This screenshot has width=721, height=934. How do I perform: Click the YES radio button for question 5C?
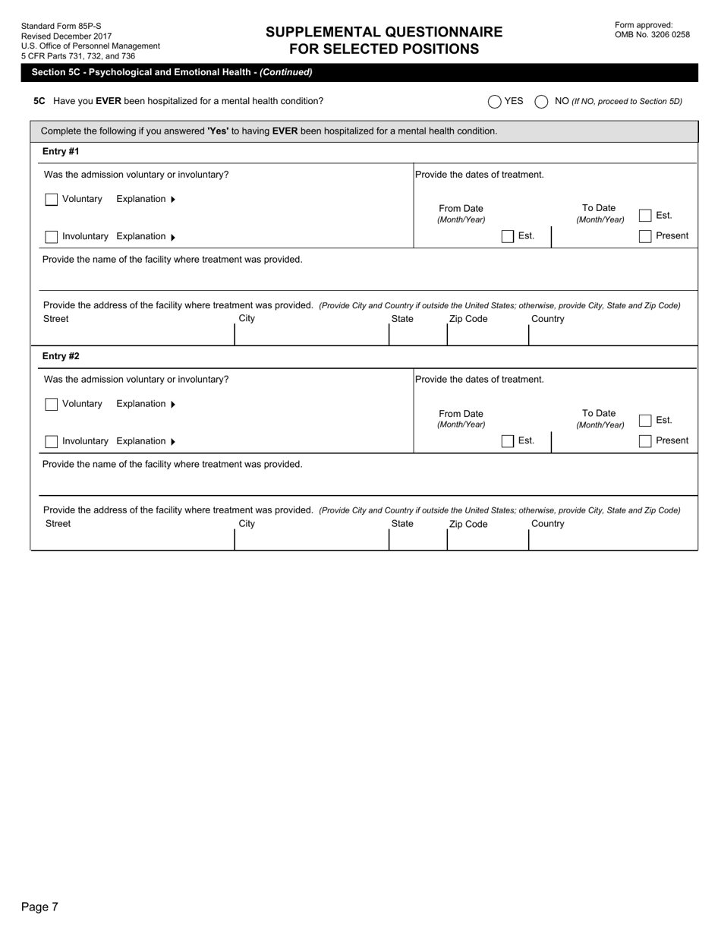coord(495,102)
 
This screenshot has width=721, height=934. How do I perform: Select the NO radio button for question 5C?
coord(541,102)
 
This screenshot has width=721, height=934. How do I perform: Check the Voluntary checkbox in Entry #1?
coord(52,200)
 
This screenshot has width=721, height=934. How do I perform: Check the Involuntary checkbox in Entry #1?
coord(52,237)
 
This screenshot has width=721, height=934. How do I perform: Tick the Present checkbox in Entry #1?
coord(645,236)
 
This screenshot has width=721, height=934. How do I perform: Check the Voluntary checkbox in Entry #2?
coord(52,405)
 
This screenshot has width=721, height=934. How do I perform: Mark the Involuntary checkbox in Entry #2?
coord(52,442)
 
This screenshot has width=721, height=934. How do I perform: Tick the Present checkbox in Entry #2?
coord(645,441)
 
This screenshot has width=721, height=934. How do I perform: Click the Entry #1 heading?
coord(61,151)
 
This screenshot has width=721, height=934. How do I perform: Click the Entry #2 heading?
coord(61,356)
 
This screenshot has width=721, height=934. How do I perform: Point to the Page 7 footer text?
coord(39,907)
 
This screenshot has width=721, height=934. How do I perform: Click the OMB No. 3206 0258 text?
coord(652,35)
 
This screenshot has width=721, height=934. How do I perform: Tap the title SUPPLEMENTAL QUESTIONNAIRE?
coord(384,32)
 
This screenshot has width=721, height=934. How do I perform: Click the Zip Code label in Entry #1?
coord(468,319)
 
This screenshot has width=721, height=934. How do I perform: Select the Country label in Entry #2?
coord(547,524)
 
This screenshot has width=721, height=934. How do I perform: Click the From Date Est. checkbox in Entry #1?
coord(508,237)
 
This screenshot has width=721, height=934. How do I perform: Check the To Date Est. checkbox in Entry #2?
coord(645,421)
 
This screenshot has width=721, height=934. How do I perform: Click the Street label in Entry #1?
coord(55,319)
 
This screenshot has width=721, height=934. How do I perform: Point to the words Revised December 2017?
coord(66,36)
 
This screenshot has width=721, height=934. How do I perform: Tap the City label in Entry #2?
coord(247,524)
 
